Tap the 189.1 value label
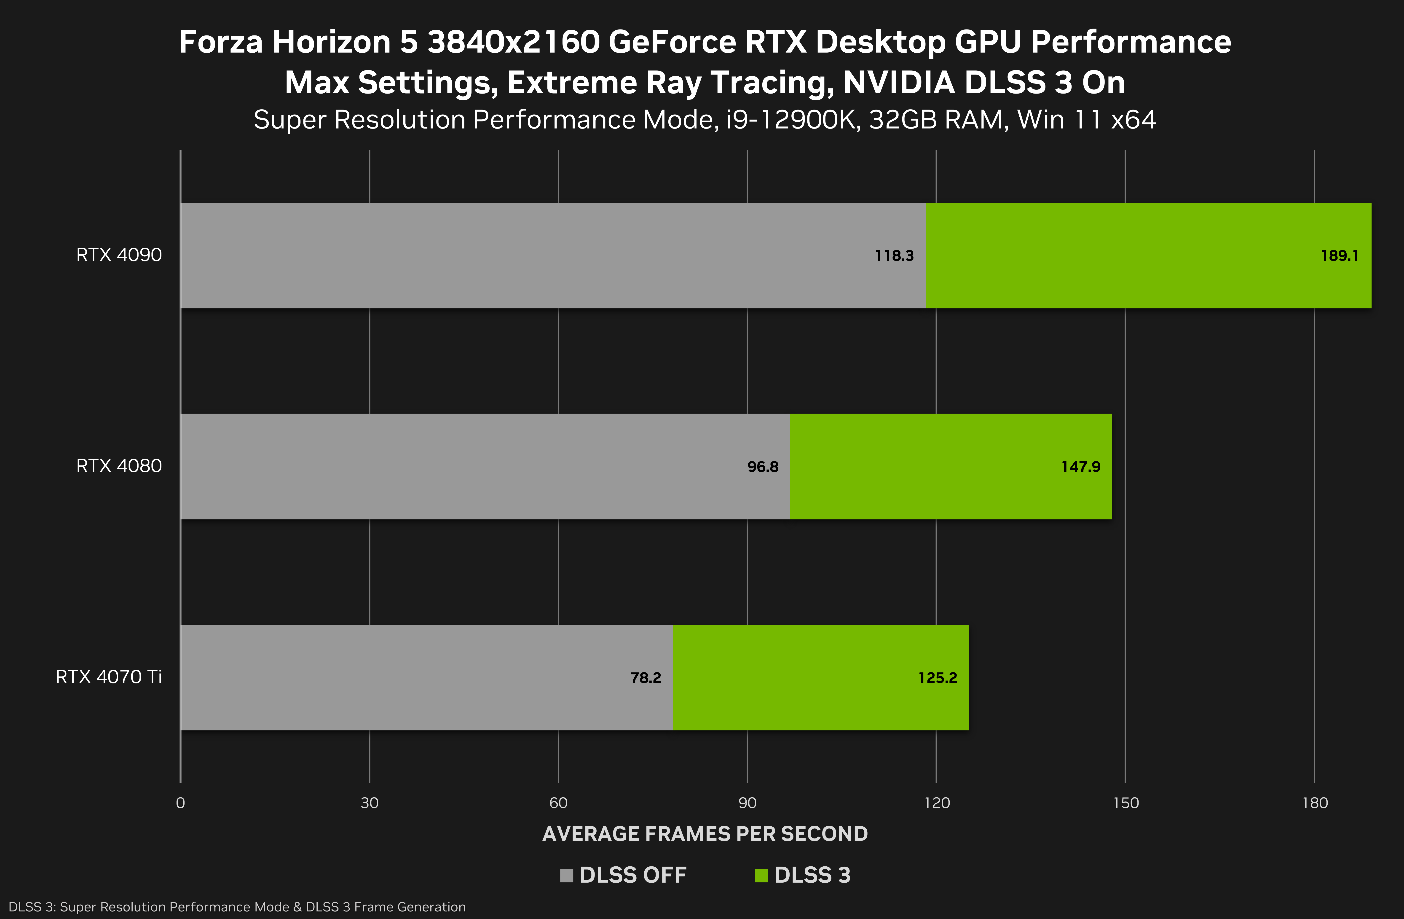(x=1339, y=255)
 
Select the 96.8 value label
(x=763, y=467)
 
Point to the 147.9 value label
(x=1081, y=467)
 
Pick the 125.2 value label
(x=937, y=678)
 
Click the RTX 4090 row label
(x=119, y=255)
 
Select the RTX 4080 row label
(x=119, y=466)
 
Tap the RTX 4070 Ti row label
(x=109, y=677)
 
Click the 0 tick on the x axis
(x=180, y=803)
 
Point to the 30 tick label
(x=369, y=803)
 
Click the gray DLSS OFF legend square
(x=566, y=875)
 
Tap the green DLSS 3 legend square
(x=761, y=875)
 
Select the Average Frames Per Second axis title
(x=705, y=833)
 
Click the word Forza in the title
(x=220, y=42)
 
